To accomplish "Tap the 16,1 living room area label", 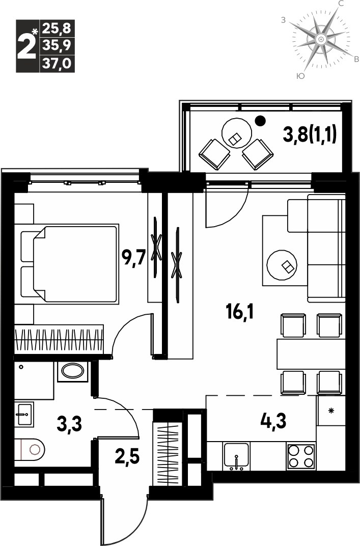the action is (x=239, y=311).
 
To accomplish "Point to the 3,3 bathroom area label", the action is (x=69, y=424).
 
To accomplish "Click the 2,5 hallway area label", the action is (x=127, y=456).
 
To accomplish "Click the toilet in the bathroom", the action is (x=30, y=449).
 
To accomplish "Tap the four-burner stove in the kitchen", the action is (x=301, y=456).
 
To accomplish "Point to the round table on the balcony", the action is (x=237, y=132).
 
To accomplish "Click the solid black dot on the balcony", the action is (x=260, y=121).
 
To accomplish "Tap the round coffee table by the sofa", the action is (x=282, y=265).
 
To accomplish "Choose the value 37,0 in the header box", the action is (x=57, y=64).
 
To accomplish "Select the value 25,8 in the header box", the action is (x=57, y=28).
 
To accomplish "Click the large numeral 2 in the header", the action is (x=26, y=46).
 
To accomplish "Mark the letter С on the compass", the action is (x=342, y=4).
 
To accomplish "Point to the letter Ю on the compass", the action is (x=300, y=76).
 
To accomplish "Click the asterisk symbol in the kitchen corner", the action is (x=331, y=411).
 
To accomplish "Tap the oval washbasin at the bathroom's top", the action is (x=72, y=371).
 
